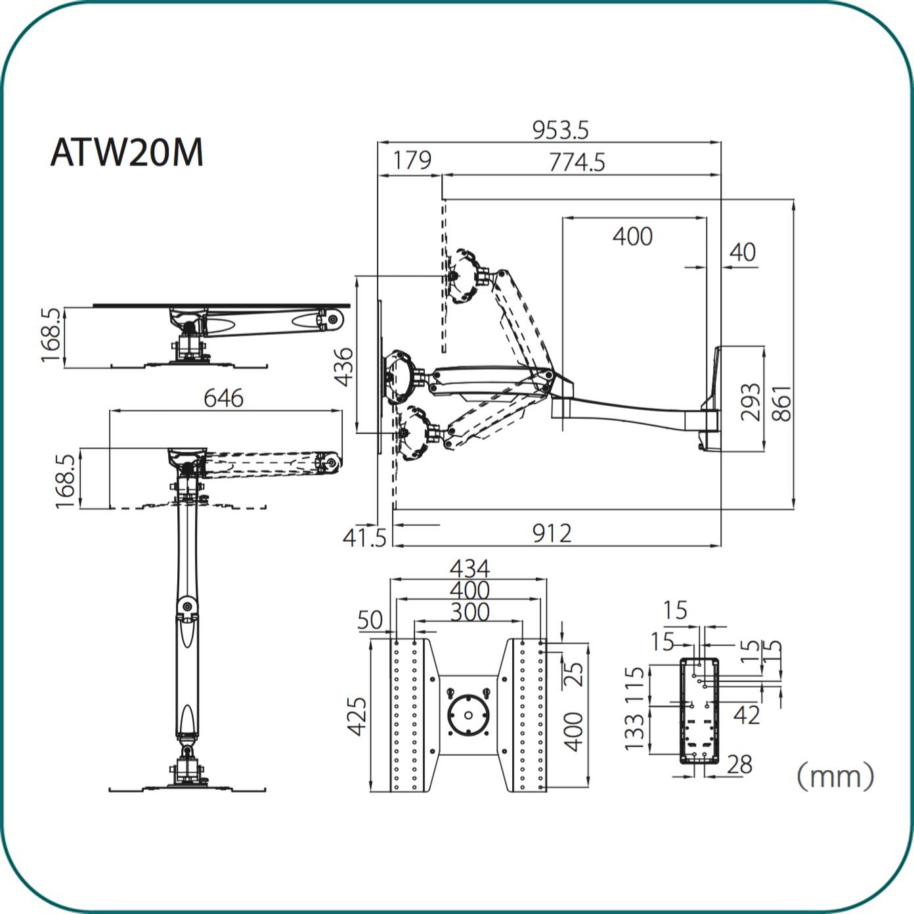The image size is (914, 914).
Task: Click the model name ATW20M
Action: [127, 152]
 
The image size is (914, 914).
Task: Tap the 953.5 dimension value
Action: [560, 130]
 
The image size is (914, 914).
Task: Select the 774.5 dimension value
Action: [577, 162]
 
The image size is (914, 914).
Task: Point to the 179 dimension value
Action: [412, 160]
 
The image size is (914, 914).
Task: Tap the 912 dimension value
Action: [552, 534]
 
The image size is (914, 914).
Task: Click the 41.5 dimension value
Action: [364, 538]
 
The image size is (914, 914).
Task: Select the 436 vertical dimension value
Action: [343, 367]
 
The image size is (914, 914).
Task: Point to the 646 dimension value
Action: [223, 398]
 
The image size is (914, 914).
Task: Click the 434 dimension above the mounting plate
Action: [469, 568]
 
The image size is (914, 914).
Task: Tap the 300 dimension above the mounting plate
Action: [469, 612]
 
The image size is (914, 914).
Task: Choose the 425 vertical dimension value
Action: [356, 716]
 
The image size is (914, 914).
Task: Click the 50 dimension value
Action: [370, 619]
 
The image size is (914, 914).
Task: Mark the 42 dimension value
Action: [747, 715]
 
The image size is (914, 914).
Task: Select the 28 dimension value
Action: [739, 764]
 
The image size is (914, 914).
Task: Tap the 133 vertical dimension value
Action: [634, 731]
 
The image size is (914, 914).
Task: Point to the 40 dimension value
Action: [743, 252]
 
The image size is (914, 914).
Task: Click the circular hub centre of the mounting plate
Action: [468, 715]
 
